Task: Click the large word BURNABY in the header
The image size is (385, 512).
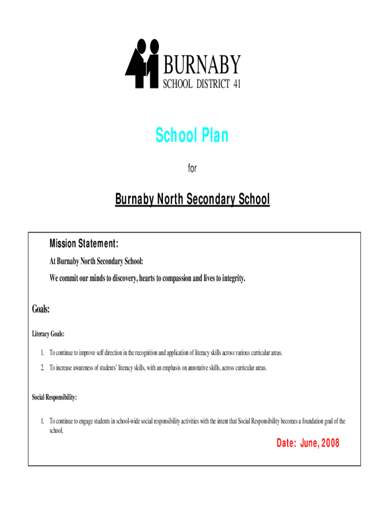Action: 202,64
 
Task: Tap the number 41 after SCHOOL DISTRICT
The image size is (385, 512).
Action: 236,84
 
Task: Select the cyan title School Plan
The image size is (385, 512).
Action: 192,135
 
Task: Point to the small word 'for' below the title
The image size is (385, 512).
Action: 192,169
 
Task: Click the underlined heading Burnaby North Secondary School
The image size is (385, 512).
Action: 192,200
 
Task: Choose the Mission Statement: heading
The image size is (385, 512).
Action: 83,244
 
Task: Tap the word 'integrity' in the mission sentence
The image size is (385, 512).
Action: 231,278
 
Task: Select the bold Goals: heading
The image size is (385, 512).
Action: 41,309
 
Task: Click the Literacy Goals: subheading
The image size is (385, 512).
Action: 48,333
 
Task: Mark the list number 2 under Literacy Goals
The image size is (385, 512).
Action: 42,368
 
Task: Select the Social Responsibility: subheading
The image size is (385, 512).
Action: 54,397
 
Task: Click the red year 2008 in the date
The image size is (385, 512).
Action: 330,443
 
